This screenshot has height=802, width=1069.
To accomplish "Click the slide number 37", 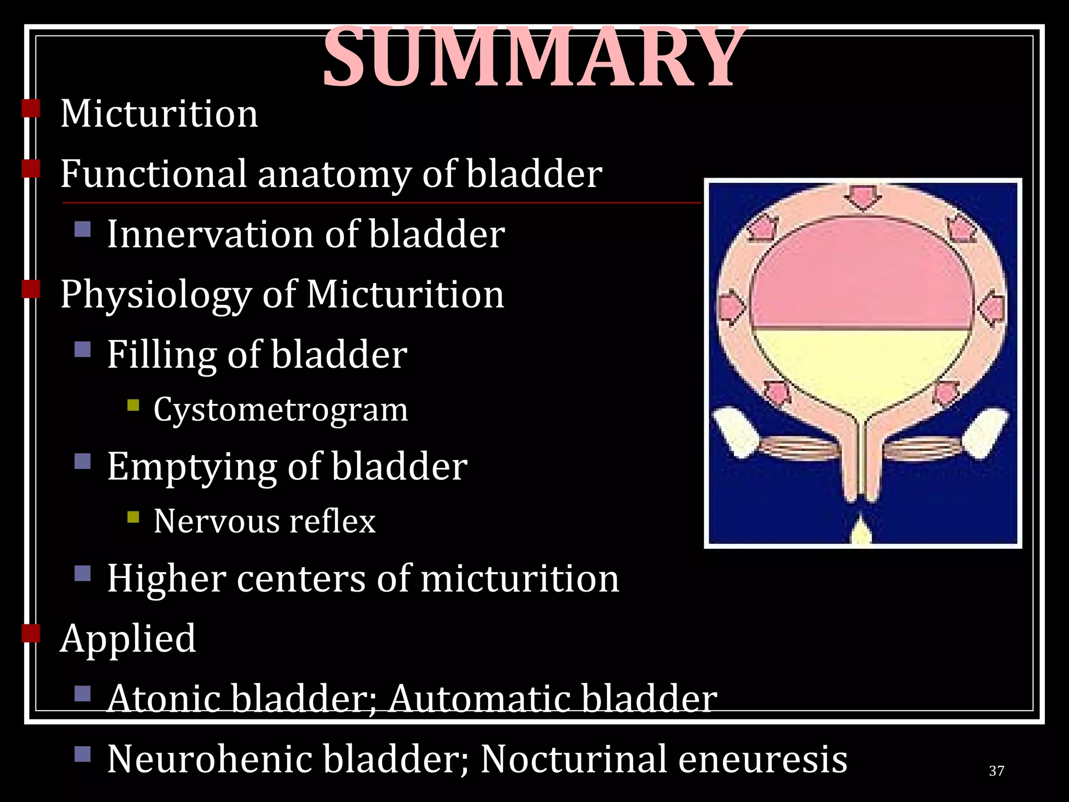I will (996, 771).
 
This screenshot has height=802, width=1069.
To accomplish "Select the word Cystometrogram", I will (280, 410).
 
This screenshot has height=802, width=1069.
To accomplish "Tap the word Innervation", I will (210, 234).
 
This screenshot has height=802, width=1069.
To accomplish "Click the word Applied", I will (128, 639).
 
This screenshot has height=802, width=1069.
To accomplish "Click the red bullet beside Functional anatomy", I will (31, 169).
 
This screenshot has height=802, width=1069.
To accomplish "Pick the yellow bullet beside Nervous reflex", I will (133, 517).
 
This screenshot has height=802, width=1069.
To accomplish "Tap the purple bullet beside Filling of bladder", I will (82, 349).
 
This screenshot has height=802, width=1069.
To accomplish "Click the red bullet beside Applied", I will (31, 633).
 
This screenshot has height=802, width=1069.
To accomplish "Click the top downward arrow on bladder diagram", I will (863, 197).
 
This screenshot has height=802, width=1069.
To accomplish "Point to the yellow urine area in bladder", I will (861, 365).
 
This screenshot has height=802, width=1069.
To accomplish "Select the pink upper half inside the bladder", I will (861, 277).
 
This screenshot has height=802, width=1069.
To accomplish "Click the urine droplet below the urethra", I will (862, 533).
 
